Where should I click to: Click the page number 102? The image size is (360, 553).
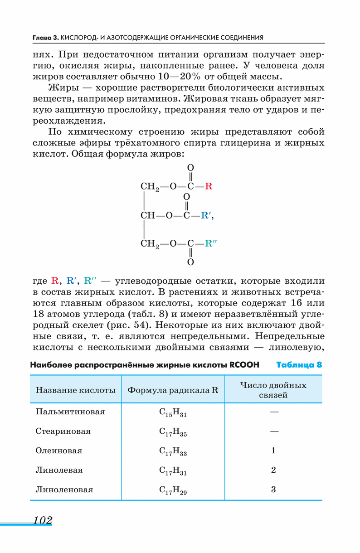pos(43,520)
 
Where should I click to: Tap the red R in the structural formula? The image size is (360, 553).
pos(209,186)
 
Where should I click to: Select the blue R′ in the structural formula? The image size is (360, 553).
pos(207,216)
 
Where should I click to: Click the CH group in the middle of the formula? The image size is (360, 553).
pos(148,216)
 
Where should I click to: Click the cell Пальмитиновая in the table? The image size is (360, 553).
pos(70,412)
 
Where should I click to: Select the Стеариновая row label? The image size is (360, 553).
pos(63,432)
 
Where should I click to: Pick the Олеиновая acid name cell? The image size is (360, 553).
pos(59,451)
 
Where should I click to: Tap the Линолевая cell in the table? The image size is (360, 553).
pos(59,471)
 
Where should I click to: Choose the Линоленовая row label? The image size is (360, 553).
pos(64,490)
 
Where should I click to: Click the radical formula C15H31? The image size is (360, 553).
pos(173,413)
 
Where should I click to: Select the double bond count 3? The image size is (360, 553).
pos(273,490)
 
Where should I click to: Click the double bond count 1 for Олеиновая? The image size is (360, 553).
pos(273,451)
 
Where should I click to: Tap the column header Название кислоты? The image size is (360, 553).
pos(76,390)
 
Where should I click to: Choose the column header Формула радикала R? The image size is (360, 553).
pos(173,390)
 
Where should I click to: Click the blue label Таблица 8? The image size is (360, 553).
pos(299,365)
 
